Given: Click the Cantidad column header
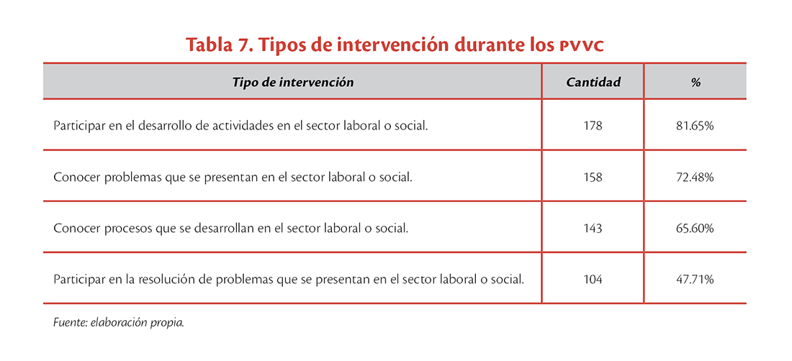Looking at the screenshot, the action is click(x=593, y=82).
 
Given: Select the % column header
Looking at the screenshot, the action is click(x=696, y=82).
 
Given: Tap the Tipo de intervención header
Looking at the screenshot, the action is click(x=292, y=82).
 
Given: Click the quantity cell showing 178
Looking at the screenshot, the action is click(x=593, y=126).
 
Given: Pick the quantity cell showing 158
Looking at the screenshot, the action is click(x=593, y=178).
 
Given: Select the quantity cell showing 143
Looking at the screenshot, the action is click(x=593, y=229).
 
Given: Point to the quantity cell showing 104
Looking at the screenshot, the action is click(x=593, y=279).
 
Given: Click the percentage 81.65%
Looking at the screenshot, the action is click(x=695, y=126).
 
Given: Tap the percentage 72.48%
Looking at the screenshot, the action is click(x=695, y=178).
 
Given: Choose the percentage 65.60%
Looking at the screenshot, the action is click(x=695, y=229).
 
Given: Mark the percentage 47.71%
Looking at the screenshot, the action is click(x=695, y=279).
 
